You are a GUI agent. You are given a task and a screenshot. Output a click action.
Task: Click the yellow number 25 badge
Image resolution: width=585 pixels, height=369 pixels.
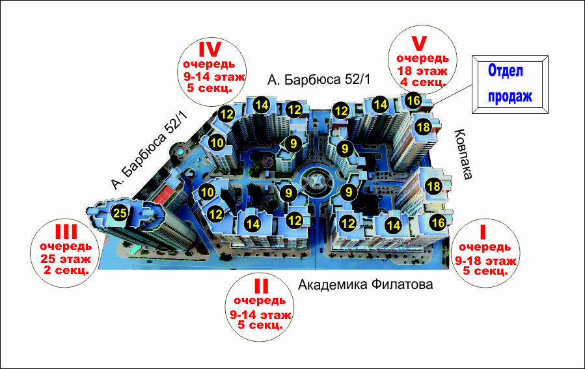(x=120, y=213)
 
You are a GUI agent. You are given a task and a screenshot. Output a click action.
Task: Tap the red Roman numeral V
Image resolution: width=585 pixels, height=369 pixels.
(x=418, y=43)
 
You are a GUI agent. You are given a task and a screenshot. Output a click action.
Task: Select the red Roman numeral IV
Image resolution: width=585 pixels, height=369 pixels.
(x=210, y=49)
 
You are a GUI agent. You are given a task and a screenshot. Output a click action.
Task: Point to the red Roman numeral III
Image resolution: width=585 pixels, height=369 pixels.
(x=66, y=231)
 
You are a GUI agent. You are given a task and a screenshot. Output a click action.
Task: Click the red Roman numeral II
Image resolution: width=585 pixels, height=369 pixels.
(x=261, y=286)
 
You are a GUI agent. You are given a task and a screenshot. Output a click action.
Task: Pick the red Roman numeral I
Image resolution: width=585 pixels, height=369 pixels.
(x=483, y=232)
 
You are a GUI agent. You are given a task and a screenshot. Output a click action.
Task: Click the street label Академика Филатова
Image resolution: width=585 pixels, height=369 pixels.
(x=365, y=284)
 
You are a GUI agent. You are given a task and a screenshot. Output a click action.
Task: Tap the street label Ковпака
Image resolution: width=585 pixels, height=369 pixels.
(x=463, y=154)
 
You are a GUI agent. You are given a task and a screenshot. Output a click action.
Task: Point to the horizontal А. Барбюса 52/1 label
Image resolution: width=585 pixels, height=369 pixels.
(x=319, y=79)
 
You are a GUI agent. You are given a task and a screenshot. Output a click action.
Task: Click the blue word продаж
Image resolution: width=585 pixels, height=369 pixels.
(x=510, y=96)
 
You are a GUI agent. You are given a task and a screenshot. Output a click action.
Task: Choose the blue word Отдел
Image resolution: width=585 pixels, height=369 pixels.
(x=506, y=70)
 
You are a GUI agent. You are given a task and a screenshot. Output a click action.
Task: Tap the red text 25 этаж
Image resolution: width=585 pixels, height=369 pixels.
(x=66, y=258)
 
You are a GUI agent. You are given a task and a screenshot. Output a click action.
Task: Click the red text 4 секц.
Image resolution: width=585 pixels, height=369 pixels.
(x=423, y=82)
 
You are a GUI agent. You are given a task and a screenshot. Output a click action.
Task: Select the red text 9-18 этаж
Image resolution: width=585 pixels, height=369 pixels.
(x=485, y=260)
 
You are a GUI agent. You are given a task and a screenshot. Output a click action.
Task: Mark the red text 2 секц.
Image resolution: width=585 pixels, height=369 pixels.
(x=66, y=270)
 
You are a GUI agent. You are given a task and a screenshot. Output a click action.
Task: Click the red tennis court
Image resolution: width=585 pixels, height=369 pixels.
(x=163, y=195)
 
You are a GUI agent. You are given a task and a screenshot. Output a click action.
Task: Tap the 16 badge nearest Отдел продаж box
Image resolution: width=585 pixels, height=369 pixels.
(x=413, y=100)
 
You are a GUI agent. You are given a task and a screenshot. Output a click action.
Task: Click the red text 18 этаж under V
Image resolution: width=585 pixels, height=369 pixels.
(x=422, y=70)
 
